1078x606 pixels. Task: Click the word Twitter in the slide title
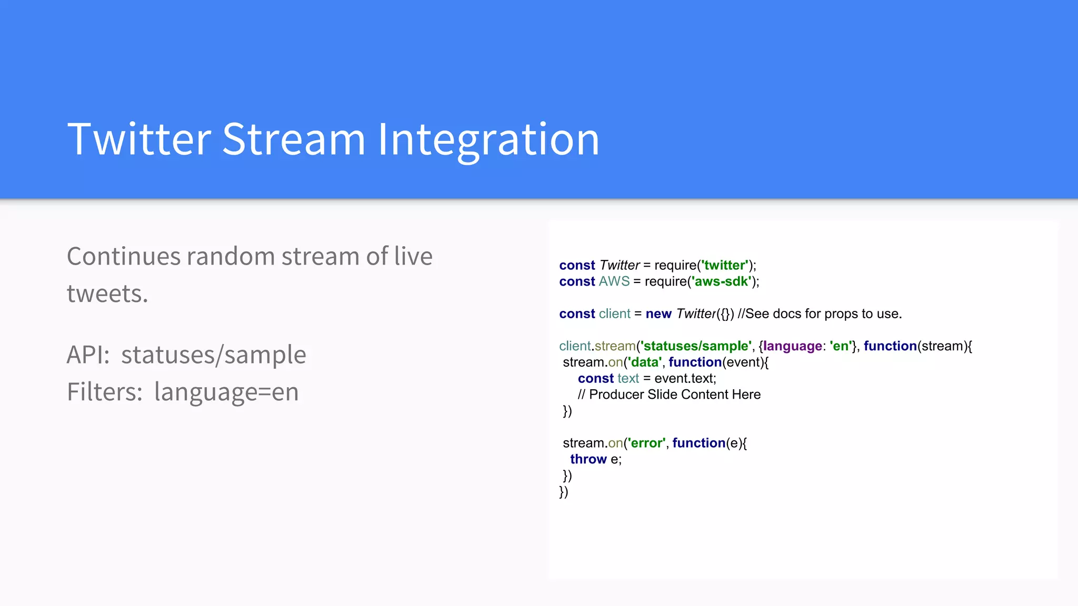[x=139, y=139]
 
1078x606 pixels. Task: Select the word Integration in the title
[x=488, y=139]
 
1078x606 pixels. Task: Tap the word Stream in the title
[x=293, y=139]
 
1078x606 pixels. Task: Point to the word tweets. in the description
[x=107, y=294]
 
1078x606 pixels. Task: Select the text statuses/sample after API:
[x=213, y=355]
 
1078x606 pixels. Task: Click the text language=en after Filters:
[x=226, y=392]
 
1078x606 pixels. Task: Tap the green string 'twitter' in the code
[x=725, y=265]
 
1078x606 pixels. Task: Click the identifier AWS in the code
[x=614, y=281]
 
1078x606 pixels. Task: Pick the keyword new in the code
[x=658, y=314]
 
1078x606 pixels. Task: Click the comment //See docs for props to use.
[x=820, y=314]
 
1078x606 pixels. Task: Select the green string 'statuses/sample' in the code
[x=695, y=346]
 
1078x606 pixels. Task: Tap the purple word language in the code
[x=792, y=346]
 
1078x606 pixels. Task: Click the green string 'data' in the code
[x=644, y=362]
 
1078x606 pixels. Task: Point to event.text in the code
[x=684, y=379]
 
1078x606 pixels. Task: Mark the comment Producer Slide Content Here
[x=674, y=395]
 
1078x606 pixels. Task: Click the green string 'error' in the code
[x=646, y=443]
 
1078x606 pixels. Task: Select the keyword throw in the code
[x=588, y=459]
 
